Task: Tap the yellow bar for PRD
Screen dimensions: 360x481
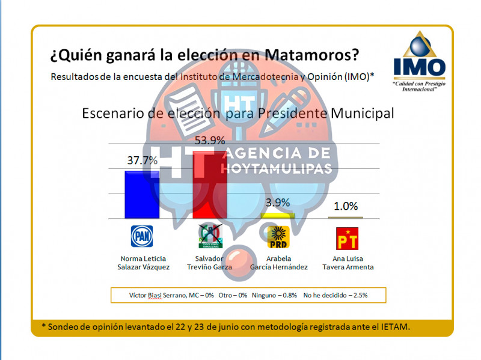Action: [x=277, y=215]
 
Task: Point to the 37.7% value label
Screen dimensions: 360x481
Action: [x=142, y=160]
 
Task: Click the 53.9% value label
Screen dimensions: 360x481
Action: [x=210, y=141]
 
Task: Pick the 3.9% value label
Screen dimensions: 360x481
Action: [x=277, y=203]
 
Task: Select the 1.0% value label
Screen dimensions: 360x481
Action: [x=346, y=206]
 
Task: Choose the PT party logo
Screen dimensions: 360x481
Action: [x=346, y=238]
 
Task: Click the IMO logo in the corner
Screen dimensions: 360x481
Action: [x=420, y=59]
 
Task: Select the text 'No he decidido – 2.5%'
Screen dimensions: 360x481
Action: [x=335, y=295]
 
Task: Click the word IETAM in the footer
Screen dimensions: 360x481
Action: [x=395, y=326]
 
